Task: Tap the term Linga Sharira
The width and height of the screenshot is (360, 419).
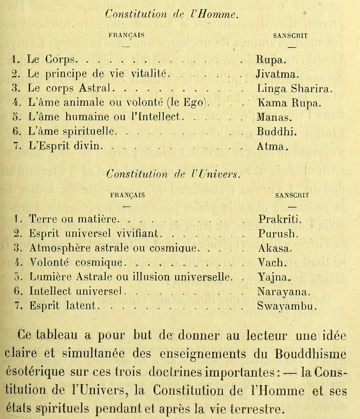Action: (x=295, y=89)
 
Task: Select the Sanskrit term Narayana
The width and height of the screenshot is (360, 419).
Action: (x=284, y=291)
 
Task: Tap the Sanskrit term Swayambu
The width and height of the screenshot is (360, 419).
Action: (x=287, y=306)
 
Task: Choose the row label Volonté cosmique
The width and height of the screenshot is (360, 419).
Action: (x=77, y=263)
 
